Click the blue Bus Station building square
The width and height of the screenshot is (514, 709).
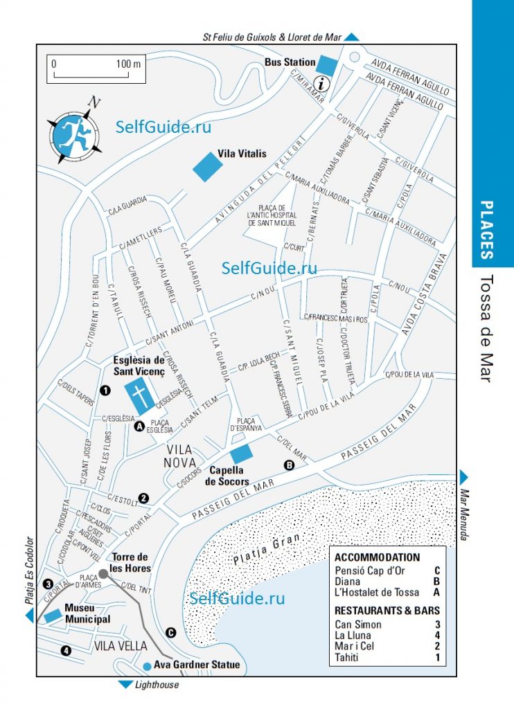click(x=328, y=64)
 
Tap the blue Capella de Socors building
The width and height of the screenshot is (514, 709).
click(x=241, y=454)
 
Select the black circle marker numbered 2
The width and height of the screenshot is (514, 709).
click(x=144, y=497)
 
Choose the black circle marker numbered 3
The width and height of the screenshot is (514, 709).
click(x=48, y=583)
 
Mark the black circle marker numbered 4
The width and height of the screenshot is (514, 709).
click(x=66, y=650)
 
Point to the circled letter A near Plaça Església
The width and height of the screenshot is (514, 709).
click(x=139, y=427)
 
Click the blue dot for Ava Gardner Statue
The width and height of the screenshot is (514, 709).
click(x=147, y=666)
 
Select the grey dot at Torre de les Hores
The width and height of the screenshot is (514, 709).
click(x=103, y=573)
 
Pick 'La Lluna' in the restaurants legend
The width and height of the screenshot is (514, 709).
click(x=353, y=635)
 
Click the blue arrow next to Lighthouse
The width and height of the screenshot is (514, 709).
click(x=125, y=685)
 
